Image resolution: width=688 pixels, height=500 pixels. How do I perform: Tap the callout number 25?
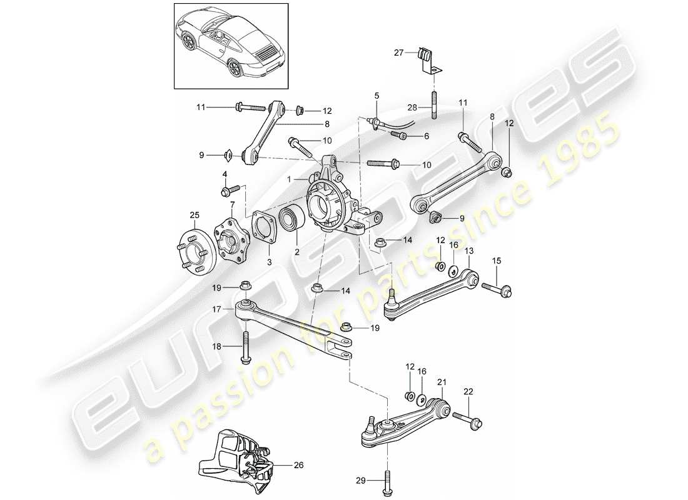195,216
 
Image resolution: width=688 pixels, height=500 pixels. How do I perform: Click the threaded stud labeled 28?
433,104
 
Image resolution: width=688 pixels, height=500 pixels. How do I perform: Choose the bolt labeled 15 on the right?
498,288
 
